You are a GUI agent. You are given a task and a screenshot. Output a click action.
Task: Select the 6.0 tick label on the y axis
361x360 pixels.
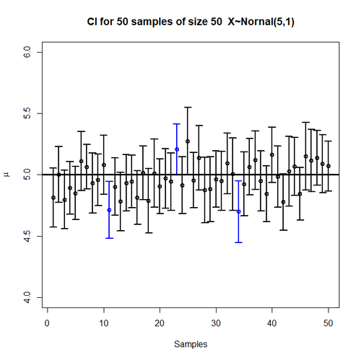27,53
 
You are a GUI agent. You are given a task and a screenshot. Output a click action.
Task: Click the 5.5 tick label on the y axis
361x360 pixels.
27,114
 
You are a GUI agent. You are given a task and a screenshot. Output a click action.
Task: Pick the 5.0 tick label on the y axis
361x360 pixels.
27,175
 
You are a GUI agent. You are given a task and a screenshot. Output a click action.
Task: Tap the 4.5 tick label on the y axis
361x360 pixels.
27,236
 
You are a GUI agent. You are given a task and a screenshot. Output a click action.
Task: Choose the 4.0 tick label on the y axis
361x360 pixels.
27,297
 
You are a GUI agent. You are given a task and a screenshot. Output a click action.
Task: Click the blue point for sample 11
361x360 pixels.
109,210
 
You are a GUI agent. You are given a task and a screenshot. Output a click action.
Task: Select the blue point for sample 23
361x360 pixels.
176,149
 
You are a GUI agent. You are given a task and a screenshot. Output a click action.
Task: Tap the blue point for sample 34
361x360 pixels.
238,211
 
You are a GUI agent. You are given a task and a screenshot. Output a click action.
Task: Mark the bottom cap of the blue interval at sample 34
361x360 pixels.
238,242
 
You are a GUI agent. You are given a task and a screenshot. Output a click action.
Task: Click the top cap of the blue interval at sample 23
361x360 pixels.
176,124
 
